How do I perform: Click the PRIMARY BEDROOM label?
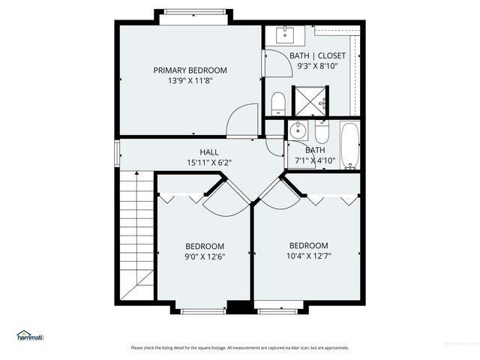coord(190,70)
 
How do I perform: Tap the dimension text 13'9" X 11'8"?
coord(190,81)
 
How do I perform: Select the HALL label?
coord(209,152)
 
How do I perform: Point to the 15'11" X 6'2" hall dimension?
coord(209,162)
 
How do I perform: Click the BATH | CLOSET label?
coord(317,55)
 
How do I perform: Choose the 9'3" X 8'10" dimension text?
coord(317,66)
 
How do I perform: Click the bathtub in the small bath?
coord(350,145)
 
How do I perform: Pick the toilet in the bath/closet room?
coord(277,103)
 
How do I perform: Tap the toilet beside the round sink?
coord(321,133)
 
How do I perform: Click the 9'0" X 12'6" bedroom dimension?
coord(205,256)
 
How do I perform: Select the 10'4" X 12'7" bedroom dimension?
coord(308,256)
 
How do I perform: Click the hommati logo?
coord(30,335)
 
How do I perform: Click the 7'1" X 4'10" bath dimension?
coord(314,160)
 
